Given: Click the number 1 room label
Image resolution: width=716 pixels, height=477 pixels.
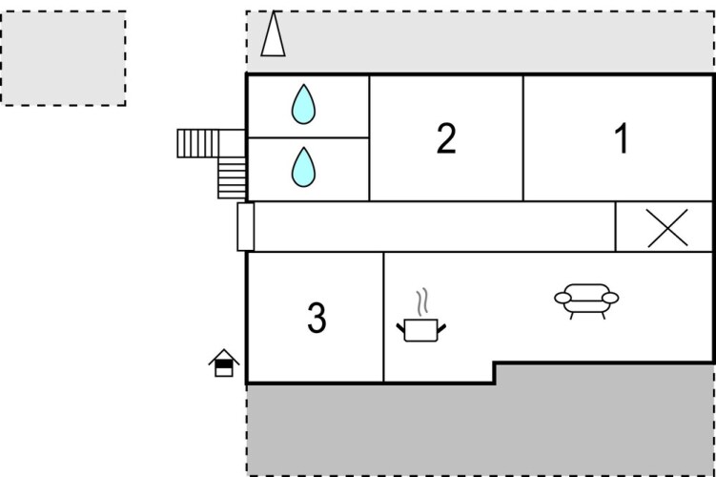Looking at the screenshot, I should (621, 140).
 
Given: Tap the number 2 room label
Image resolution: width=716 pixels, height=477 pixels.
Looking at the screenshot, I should (445, 139).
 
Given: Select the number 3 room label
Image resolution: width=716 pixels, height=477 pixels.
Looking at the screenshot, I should (317, 319).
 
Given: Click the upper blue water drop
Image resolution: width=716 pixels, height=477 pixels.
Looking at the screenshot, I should (303, 104).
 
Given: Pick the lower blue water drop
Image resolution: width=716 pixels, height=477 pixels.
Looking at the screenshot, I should (303, 167).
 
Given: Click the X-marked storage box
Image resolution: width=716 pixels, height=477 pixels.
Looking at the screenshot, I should (665, 227).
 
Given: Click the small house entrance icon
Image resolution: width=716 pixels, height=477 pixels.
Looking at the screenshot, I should (223, 363).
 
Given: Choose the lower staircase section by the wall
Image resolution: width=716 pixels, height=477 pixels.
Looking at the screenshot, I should (231, 177).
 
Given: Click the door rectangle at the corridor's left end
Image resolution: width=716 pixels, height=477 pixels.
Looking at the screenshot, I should (245, 227).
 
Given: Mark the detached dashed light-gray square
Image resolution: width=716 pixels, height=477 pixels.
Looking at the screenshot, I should (63, 57).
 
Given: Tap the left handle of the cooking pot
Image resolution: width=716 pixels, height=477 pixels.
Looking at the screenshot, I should (400, 331).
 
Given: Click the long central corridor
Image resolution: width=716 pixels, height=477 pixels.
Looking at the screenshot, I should (434, 227).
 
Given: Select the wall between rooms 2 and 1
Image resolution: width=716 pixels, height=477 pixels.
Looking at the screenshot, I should (523, 139).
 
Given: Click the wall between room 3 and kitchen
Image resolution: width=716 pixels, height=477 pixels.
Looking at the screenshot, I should (383, 319).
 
